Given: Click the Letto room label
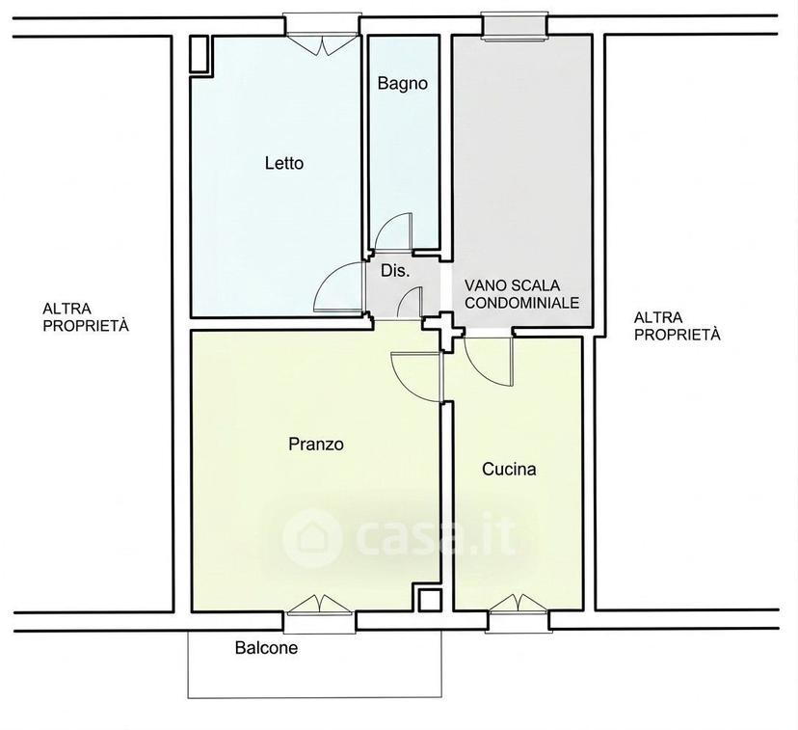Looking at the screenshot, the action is point(284,163).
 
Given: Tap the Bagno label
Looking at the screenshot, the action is point(402,83).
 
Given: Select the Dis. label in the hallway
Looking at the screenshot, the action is point(395,271).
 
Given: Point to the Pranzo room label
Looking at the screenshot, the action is point(315,444).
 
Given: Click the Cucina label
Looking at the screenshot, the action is point(509,469).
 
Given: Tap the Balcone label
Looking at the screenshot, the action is point(266,647).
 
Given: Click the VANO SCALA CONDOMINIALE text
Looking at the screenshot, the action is point(521,294).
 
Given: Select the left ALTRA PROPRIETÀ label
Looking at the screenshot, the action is point(86,316).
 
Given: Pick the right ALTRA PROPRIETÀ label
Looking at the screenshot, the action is point(677,326).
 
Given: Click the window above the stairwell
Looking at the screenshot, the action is point(516,26).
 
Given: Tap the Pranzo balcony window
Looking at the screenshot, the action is point(320,612).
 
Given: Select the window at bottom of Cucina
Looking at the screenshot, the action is point(519,612).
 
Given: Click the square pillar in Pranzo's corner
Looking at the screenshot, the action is point(430,600).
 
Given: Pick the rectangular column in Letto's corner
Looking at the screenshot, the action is point(199,54).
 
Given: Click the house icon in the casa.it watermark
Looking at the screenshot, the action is point(311,537).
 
